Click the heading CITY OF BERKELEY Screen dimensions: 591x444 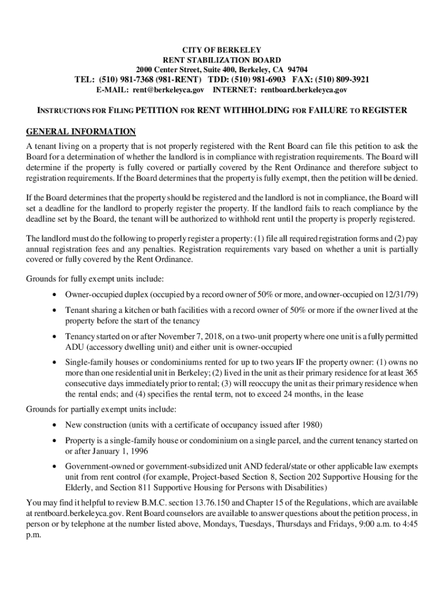coord(222,50)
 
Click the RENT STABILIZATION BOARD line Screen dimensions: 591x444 coord(222,60)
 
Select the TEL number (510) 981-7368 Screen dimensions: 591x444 coord(127,80)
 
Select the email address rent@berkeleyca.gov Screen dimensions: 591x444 coord(168,90)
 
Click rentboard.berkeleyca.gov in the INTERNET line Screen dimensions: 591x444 coord(304,90)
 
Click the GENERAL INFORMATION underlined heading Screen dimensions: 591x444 coord(81,131)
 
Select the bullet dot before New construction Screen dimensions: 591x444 coord(54,425)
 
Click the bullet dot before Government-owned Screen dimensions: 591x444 coord(54,466)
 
